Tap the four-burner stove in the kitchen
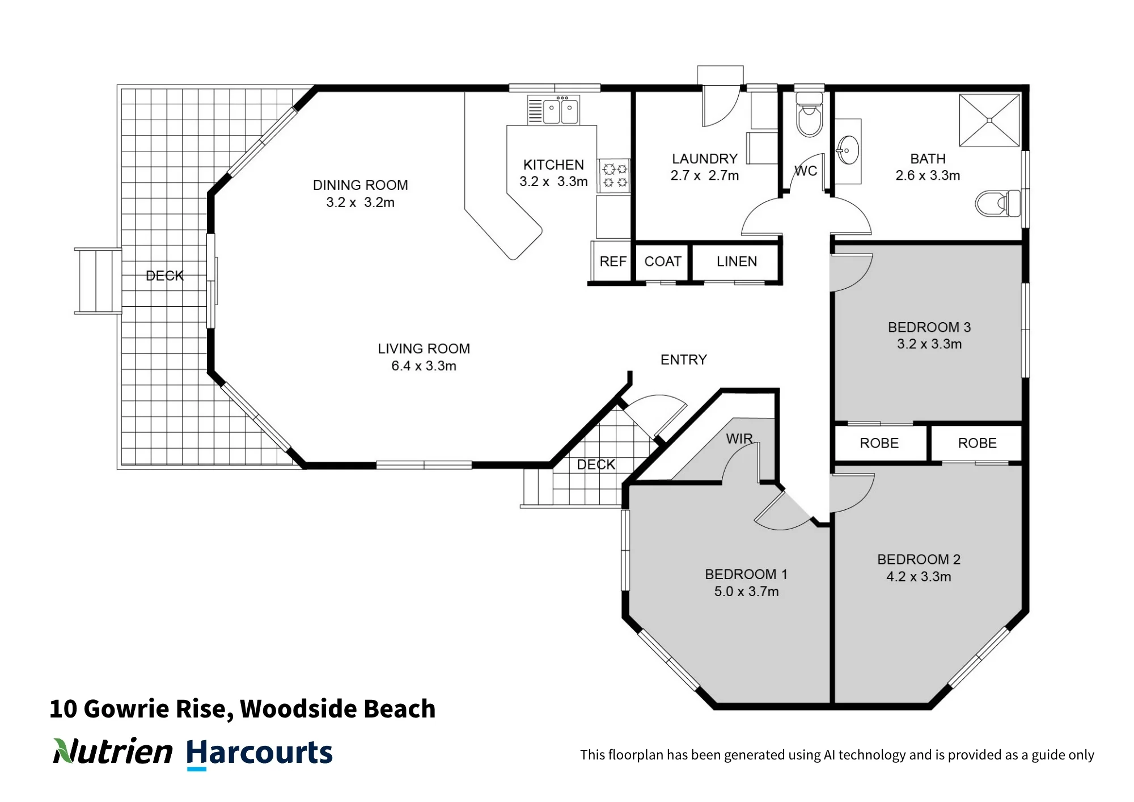[x=615, y=175]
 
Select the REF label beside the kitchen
[x=613, y=261]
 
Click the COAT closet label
[x=663, y=261]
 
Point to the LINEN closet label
[x=737, y=261]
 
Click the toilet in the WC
[x=809, y=115]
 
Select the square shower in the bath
[x=989, y=120]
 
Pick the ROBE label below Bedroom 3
[x=879, y=443]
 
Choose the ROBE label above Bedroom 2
[x=977, y=443]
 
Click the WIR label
[x=739, y=438]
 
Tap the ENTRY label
[x=684, y=360]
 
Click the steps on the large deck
[x=98, y=281]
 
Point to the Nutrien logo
[x=113, y=752]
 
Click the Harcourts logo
[x=259, y=753]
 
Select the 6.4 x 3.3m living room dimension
[x=424, y=366]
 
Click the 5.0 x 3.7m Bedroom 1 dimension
[x=746, y=592]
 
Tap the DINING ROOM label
[x=360, y=185]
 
